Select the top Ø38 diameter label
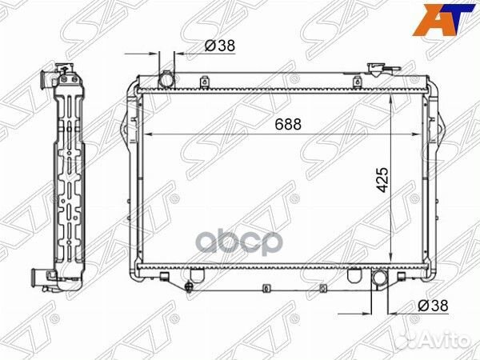coord(218,46)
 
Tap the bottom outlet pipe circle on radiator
coord(378,279)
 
